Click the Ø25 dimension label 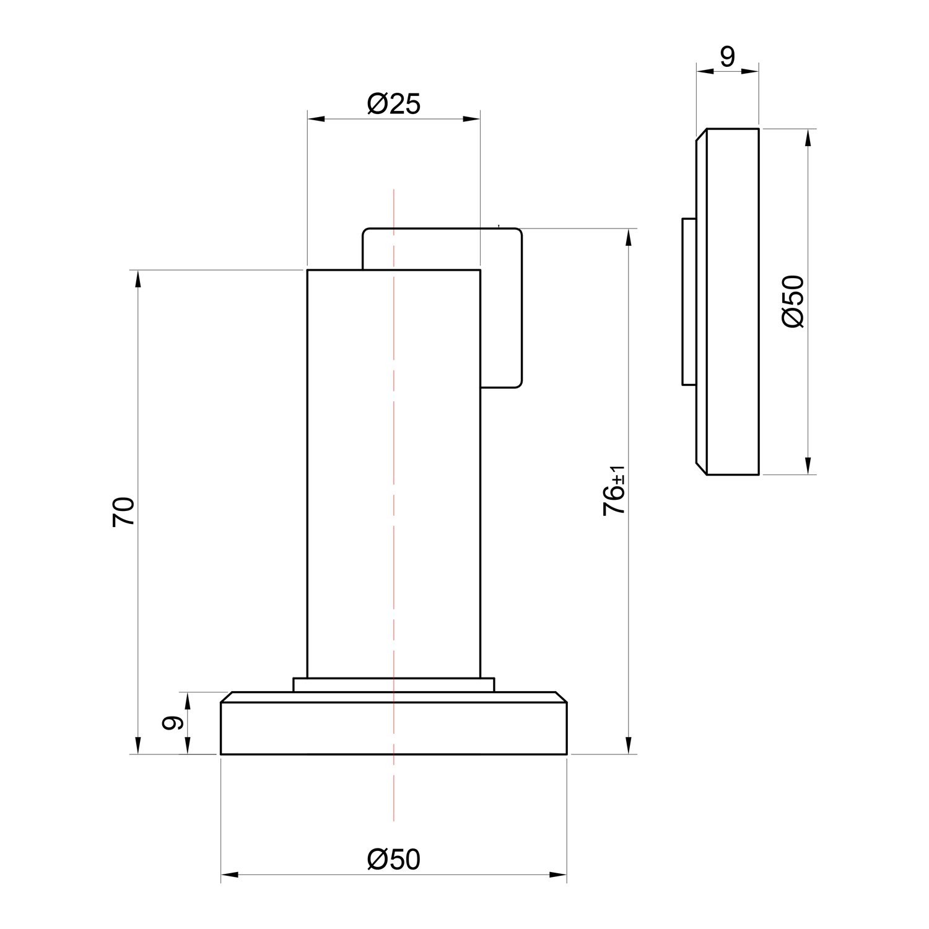[x=393, y=104]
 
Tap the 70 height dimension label [x=124, y=512]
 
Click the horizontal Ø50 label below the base [x=393, y=859]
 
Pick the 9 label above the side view [x=727, y=57]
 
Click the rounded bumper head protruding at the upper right [x=503, y=308]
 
